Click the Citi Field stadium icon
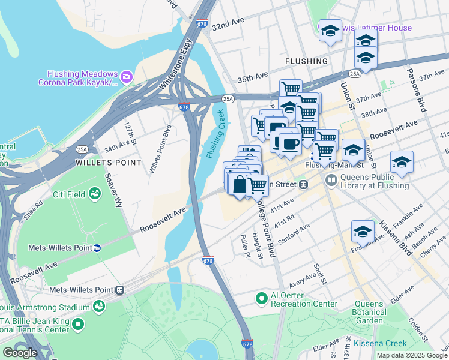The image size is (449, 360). pos(94,193)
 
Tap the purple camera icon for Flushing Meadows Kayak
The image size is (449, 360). pos(126,76)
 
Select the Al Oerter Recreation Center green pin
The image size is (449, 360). pos(261,298)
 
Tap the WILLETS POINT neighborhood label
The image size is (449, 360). pos(108,163)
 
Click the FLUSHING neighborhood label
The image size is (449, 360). pos(307,61)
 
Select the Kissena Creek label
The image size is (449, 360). pos(380,343)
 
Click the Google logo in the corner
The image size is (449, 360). pos(20,353)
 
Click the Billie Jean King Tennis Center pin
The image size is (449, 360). pos(77,325)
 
